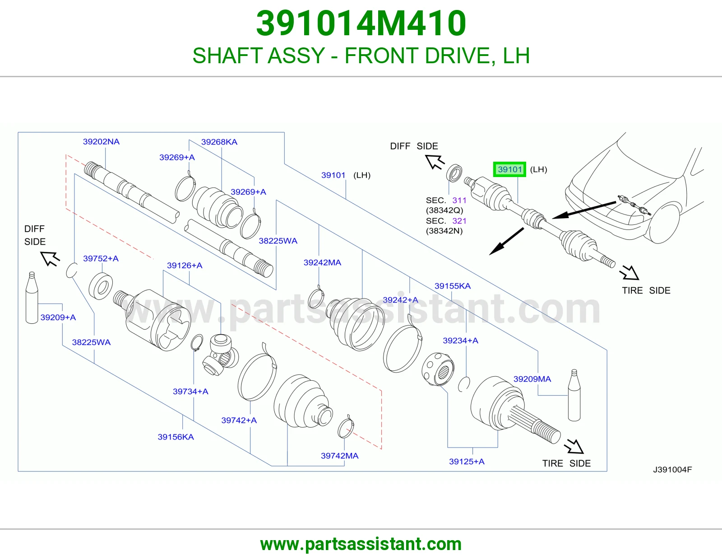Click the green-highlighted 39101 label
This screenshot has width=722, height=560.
click(509, 169)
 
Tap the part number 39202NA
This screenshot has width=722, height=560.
click(101, 142)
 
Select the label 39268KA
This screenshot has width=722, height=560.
click(219, 142)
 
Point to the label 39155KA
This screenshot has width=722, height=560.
click(453, 286)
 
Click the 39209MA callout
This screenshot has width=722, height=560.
click(532, 379)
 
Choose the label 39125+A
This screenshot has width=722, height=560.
click(467, 462)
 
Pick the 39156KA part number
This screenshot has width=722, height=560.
click(176, 437)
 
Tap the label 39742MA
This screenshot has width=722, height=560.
click(340, 456)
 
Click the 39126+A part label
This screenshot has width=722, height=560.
click(185, 266)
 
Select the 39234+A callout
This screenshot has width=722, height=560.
click(461, 341)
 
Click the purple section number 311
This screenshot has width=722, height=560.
click(459, 200)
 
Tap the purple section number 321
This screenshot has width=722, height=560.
click(459, 221)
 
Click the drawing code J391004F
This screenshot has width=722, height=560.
click(672, 470)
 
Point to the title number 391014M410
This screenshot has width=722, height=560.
click(361, 23)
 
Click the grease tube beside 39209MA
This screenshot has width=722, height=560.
click(574, 395)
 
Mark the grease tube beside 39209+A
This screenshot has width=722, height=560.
click(32, 298)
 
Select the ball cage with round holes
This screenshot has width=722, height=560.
click(438, 369)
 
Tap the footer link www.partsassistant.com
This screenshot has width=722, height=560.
click(361, 544)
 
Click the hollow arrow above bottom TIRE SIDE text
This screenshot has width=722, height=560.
click(574, 446)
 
